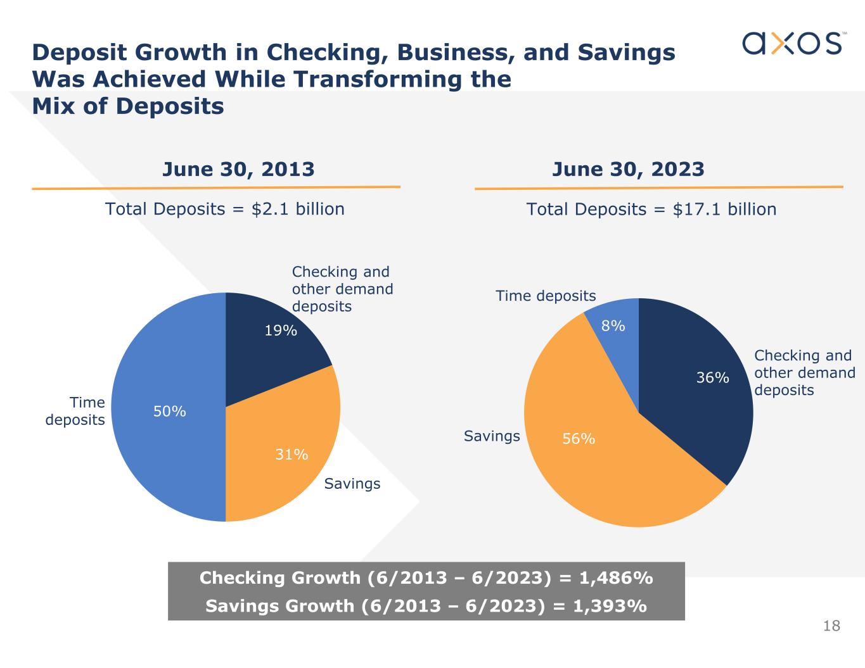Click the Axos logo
(x=792, y=43)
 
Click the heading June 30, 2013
(x=238, y=169)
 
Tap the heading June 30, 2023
(x=628, y=169)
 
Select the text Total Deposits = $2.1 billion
(x=225, y=209)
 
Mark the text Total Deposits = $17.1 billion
(x=651, y=209)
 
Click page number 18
(x=831, y=626)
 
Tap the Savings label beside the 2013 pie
(x=352, y=484)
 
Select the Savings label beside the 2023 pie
(x=492, y=436)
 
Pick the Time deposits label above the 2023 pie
(x=546, y=296)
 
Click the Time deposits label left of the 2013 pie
(x=75, y=411)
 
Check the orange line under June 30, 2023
(x=658, y=187)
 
